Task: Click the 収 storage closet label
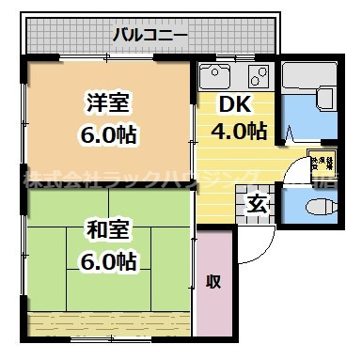coord(214,281)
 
